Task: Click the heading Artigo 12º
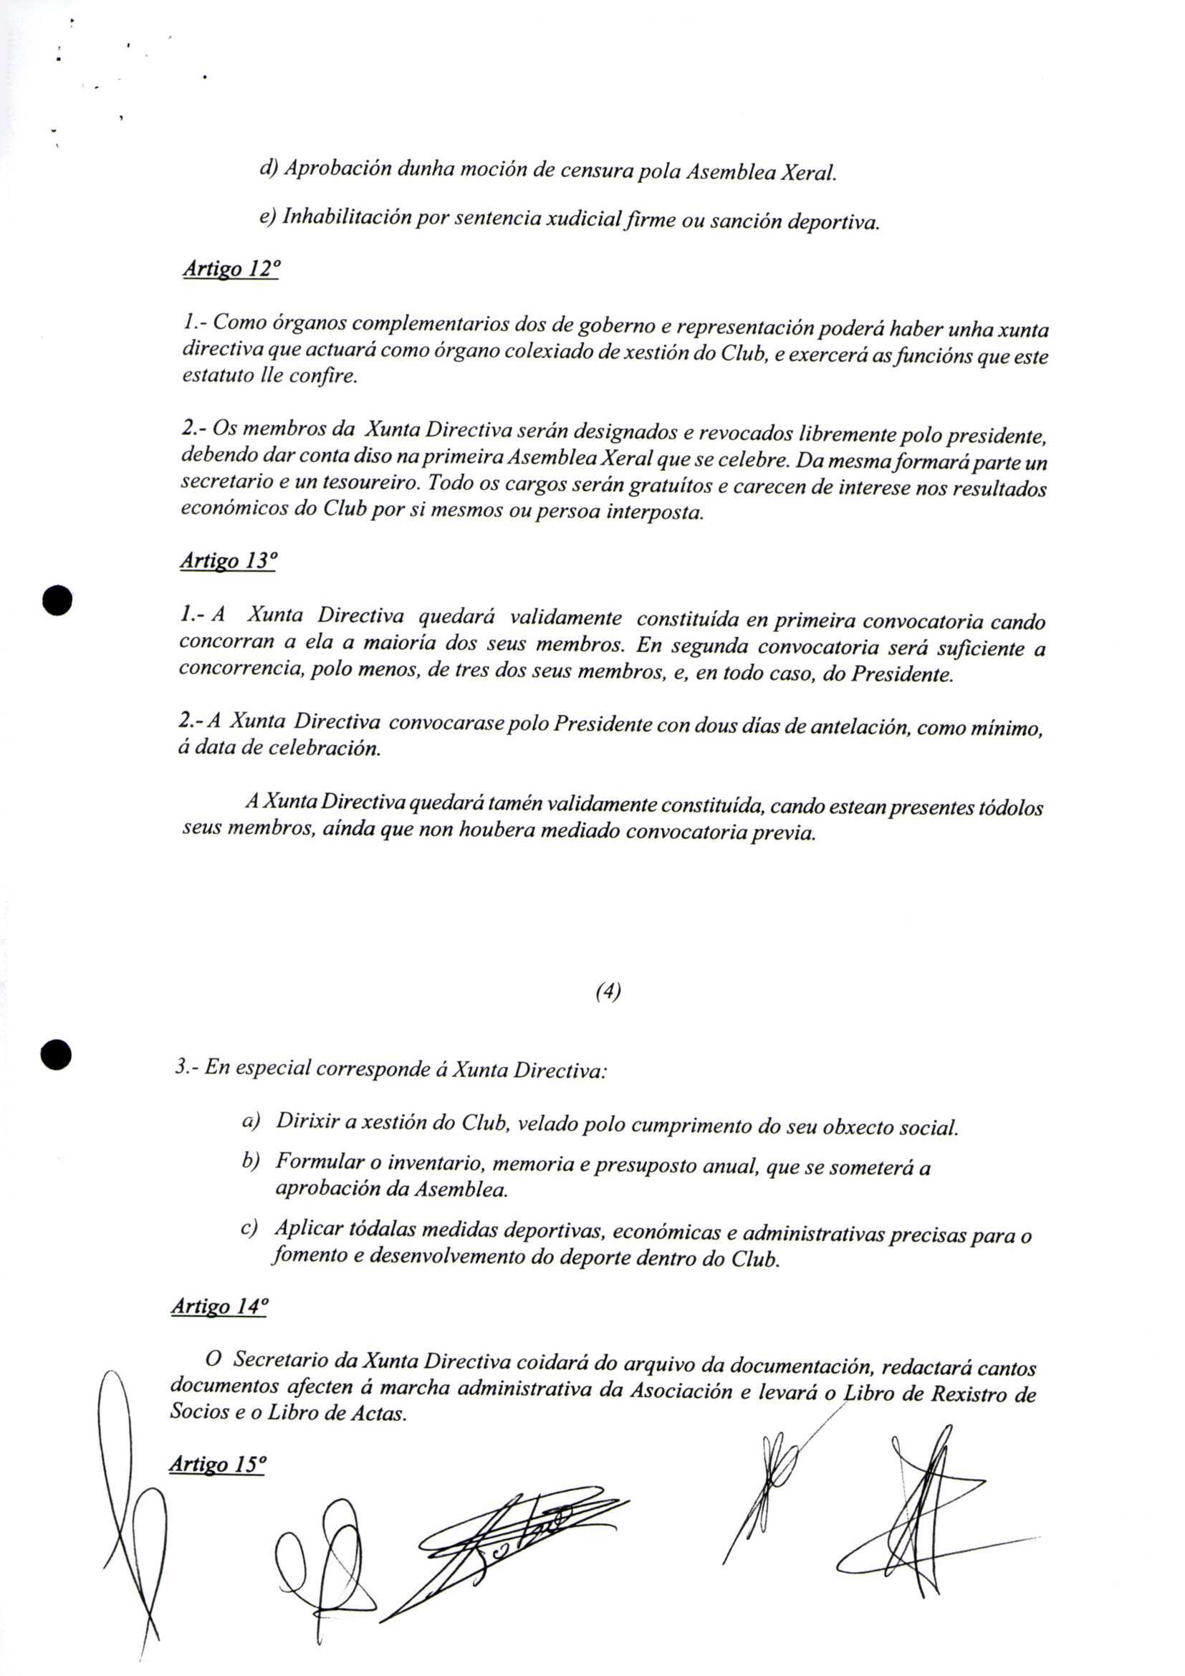tap(230, 269)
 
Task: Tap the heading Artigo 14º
tap(219, 1306)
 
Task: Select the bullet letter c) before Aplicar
tap(249, 1229)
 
